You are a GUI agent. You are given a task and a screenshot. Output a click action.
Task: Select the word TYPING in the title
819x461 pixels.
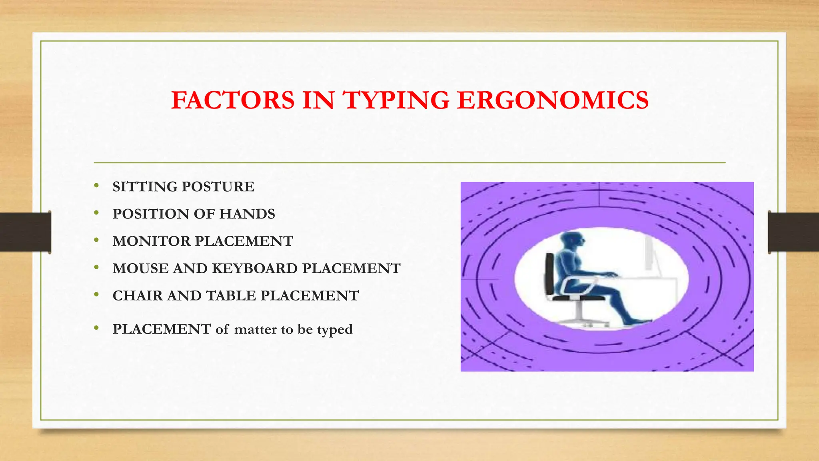(396, 100)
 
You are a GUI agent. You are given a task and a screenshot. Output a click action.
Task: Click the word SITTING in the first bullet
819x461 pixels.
(145, 187)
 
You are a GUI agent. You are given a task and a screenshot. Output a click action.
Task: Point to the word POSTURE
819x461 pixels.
(218, 187)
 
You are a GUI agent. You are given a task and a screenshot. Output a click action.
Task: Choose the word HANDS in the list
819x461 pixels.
(247, 214)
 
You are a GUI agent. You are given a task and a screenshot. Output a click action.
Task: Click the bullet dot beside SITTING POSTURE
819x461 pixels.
(96, 185)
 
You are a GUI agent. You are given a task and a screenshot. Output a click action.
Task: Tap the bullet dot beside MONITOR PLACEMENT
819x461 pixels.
(96, 240)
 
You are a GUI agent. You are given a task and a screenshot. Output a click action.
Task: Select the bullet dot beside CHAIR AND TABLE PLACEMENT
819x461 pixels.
(96, 294)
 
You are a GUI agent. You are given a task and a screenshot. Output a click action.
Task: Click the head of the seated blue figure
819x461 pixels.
(572, 241)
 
